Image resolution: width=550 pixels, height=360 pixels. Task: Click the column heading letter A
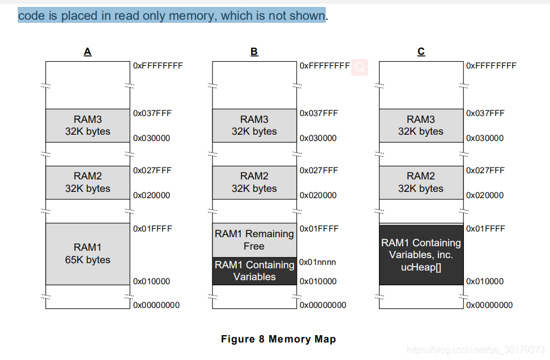[87, 52]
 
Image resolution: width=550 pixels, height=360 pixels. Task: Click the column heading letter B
[254, 52]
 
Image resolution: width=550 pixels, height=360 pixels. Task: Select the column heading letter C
[421, 52]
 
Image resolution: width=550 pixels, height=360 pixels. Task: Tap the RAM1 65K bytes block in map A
[88, 254]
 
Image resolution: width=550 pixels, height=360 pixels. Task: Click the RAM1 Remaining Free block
[254, 240]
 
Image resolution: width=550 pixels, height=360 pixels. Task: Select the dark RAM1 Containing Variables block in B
[254, 271]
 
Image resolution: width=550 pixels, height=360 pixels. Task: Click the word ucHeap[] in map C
[421, 267]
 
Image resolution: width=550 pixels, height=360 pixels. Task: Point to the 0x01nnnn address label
[317, 262]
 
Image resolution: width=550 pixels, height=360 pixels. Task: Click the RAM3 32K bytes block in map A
[88, 125]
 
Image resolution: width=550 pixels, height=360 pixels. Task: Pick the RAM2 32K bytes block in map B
[254, 182]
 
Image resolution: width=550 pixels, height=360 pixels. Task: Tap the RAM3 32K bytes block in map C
[421, 125]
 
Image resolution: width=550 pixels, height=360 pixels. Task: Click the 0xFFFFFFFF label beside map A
[157, 66]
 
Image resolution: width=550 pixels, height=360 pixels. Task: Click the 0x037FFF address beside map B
[318, 113]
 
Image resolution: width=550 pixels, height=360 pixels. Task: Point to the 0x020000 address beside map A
[151, 195]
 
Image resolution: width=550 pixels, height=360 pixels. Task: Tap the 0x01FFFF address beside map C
[485, 229]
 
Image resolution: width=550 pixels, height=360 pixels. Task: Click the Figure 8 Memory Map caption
[278, 339]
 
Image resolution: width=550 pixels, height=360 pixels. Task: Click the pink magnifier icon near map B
[360, 67]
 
